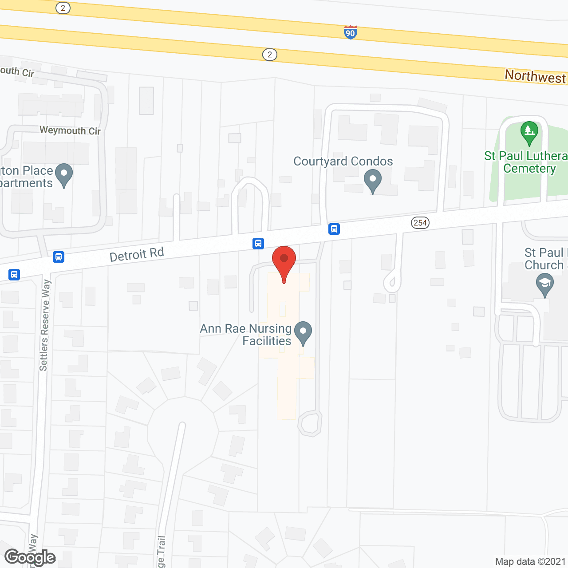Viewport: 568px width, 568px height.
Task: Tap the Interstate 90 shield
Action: click(x=351, y=32)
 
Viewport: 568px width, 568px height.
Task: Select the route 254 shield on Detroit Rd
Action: click(x=420, y=223)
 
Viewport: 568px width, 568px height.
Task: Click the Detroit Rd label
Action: click(x=137, y=255)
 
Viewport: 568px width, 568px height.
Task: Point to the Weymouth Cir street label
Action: click(x=70, y=130)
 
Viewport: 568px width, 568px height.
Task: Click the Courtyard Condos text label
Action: click(x=343, y=161)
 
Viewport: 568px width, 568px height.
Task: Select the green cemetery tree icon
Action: click(x=529, y=132)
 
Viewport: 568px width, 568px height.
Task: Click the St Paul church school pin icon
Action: click(x=545, y=284)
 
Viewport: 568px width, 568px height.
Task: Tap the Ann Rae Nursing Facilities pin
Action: click(x=304, y=333)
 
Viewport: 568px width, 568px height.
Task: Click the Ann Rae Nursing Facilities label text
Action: click(x=246, y=335)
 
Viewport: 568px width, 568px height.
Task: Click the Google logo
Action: click(x=30, y=557)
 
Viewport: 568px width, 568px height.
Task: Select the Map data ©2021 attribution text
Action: click(x=530, y=562)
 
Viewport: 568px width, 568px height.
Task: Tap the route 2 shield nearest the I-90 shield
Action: click(x=270, y=55)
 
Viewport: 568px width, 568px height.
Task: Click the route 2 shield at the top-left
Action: click(x=63, y=8)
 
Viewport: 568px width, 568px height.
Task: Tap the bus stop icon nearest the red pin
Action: click(x=258, y=243)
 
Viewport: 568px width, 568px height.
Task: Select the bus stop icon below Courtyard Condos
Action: click(x=334, y=229)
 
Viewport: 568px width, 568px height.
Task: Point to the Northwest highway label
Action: click(x=535, y=76)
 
